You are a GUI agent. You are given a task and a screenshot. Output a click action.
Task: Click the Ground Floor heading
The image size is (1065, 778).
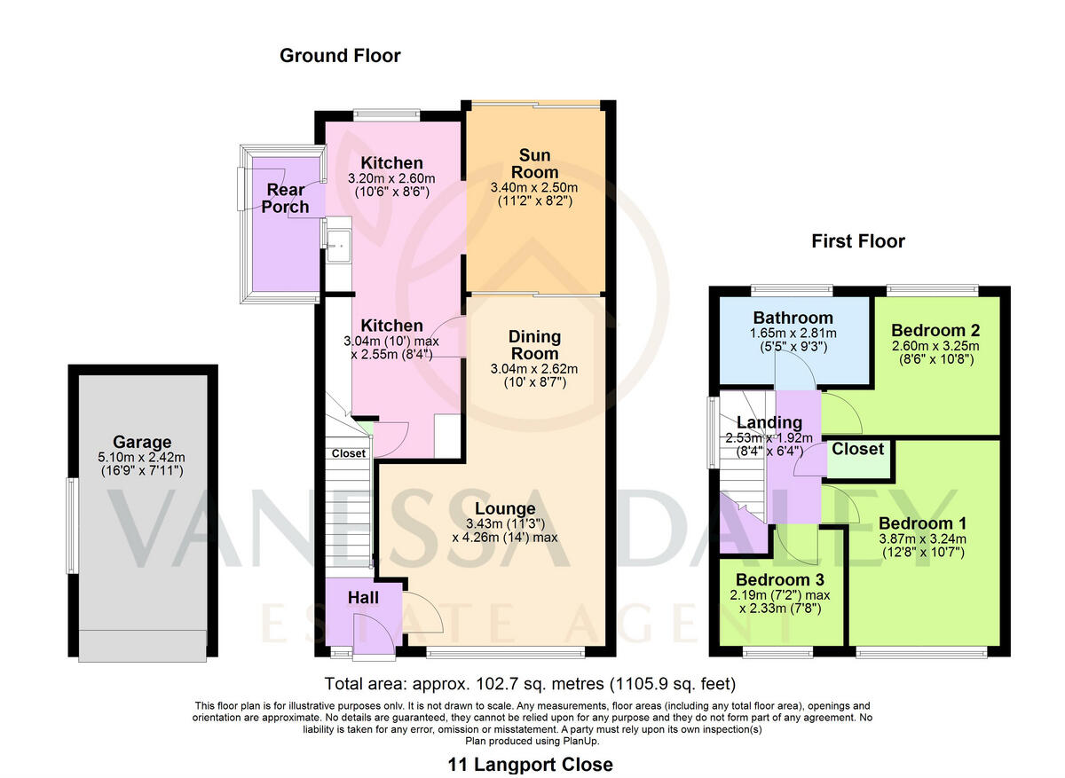340,56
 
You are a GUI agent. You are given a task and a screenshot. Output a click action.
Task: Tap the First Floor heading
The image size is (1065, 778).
858,241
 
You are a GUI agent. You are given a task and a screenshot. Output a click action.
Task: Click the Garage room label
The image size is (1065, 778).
142,442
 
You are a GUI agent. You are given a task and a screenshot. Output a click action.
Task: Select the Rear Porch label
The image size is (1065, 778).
285,198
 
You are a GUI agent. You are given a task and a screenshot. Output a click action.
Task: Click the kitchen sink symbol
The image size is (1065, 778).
337,244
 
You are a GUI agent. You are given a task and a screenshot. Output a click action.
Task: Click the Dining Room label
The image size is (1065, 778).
534,345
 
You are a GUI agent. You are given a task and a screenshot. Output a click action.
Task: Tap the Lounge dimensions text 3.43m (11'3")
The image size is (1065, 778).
504,523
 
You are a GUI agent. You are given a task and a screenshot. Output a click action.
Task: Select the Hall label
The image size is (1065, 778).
362,598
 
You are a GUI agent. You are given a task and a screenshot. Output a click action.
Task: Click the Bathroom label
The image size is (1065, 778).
793,318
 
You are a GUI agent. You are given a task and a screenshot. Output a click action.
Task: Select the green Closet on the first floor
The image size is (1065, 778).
857,450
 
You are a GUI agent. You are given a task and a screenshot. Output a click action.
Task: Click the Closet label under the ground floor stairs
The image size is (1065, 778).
349,453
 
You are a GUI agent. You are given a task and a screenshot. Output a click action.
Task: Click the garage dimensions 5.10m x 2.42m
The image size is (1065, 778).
142,458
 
